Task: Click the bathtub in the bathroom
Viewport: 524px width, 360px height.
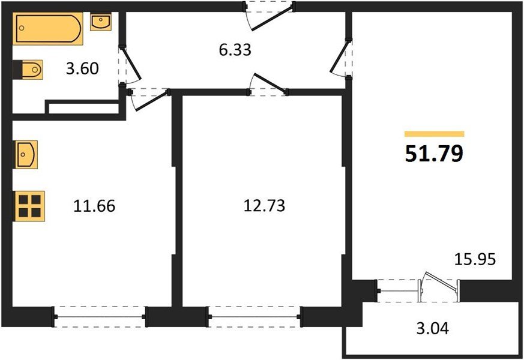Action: coord(48,29)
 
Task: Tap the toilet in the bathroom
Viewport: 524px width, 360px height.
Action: coord(29,70)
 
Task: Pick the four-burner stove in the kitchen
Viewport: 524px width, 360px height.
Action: coord(29,206)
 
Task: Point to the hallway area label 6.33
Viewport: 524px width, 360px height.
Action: coord(235,50)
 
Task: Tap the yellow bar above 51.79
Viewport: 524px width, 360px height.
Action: coord(434,134)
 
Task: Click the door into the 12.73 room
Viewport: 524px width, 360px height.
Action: coord(269,84)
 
